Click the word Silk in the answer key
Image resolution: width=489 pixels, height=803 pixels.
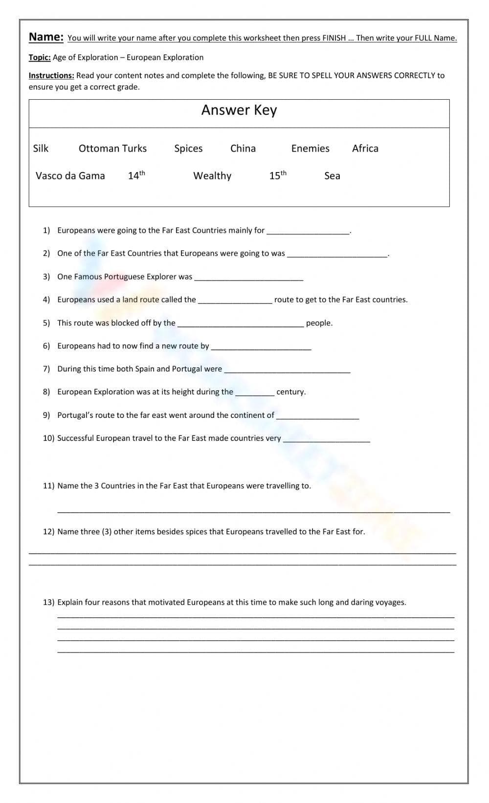click(41, 149)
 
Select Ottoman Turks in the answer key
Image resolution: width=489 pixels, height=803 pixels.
click(112, 149)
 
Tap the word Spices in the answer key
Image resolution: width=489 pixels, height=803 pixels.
click(188, 149)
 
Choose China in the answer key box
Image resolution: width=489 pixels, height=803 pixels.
click(243, 149)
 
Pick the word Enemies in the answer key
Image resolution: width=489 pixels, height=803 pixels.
click(310, 149)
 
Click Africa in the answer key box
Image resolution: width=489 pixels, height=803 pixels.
click(365, 149)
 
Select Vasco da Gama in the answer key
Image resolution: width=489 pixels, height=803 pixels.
click(70, 176)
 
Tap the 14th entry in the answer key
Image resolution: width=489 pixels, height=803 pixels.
click(136, 175)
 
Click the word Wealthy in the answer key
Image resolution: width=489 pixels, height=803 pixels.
click(212, 176)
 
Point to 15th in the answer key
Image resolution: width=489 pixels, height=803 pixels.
click(278, 175)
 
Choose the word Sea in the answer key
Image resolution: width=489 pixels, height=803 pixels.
click(332, 176)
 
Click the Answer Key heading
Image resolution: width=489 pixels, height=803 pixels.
click(239, 110)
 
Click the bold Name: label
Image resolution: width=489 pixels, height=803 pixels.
click(46, 37)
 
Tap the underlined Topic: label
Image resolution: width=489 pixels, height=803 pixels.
click(40, 58)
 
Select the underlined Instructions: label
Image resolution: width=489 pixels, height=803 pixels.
click(51, 76)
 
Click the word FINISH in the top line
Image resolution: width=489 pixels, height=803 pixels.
click(334, 38)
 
